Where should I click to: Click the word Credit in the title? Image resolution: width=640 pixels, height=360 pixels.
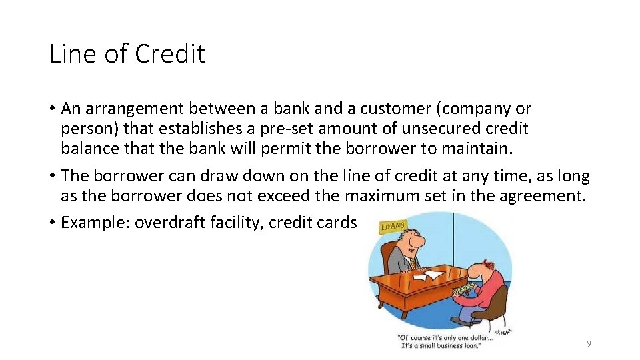coord(171,54)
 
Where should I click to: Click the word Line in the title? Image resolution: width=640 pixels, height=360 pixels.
coord(71,54)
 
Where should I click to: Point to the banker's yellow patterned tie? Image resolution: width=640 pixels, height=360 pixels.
coord(413,262)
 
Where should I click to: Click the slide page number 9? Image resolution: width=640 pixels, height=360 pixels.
coord(589,344)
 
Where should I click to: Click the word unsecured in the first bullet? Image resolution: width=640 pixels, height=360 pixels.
coord(447,127)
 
